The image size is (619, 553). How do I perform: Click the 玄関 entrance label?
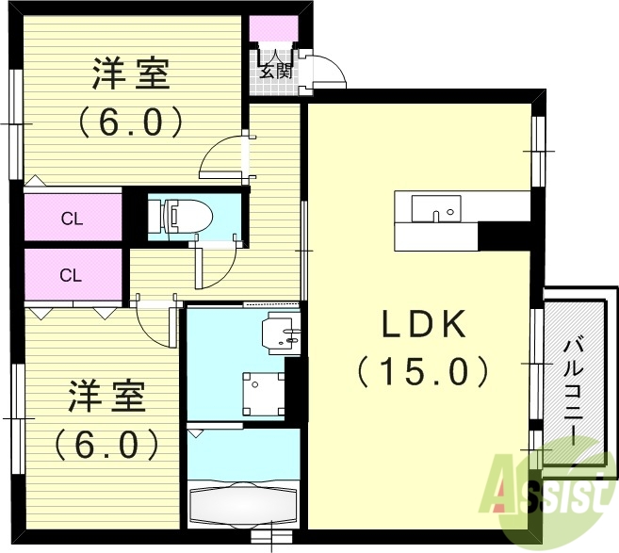coord(276,70)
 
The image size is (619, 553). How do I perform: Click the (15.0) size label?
coord(423,370)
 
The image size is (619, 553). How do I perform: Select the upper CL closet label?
coord(72,220)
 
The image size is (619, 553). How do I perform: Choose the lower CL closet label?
coord(72,275)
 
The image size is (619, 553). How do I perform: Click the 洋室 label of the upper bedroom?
coord(131,73)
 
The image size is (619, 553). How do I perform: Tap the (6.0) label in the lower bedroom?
coord(106,444)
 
